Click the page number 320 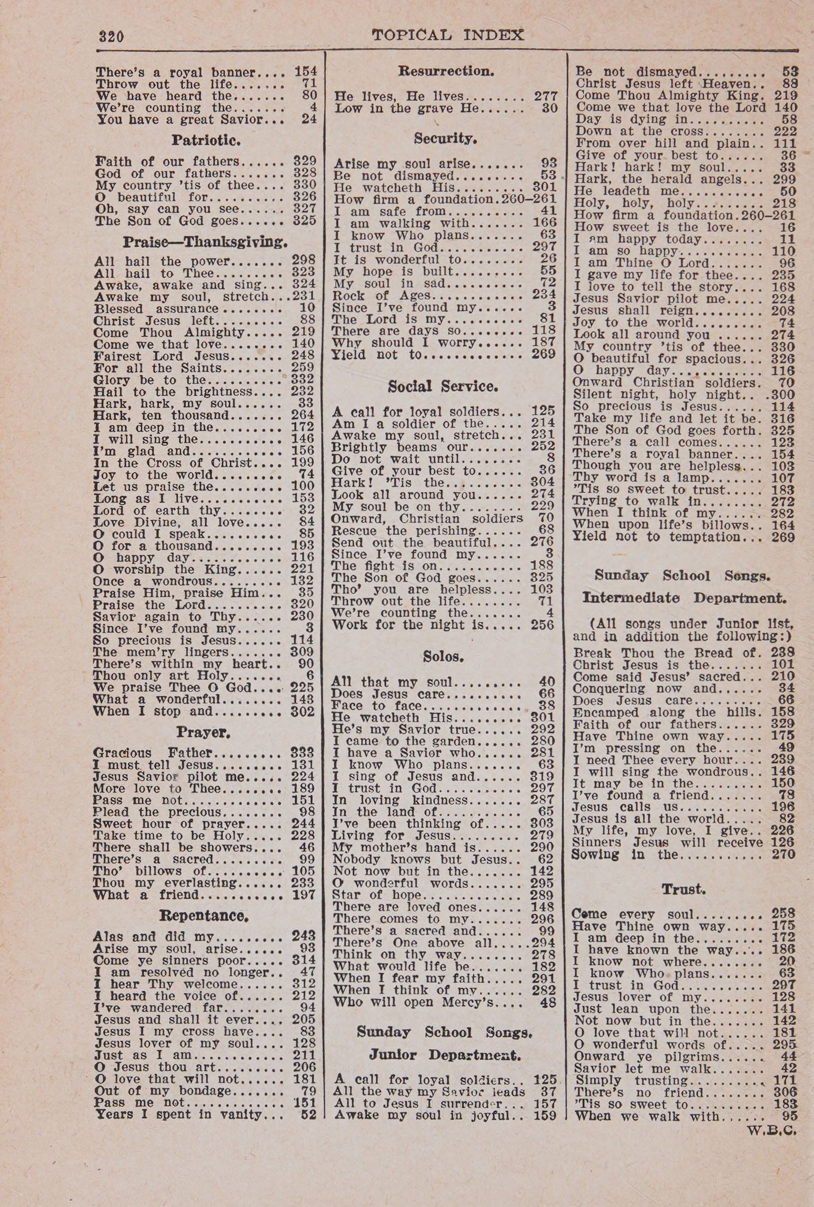111,37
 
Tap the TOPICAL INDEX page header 448,35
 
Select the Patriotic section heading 206,140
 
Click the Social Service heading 443,387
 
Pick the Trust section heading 683,890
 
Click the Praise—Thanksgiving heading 205,242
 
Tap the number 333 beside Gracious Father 303,753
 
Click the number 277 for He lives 546,96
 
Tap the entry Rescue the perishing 404,530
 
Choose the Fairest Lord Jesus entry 161,356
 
